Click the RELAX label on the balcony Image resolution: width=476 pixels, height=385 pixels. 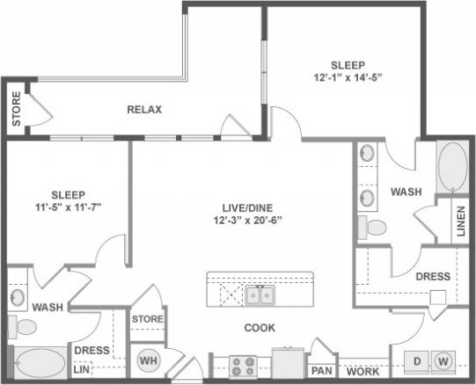coord(144,110)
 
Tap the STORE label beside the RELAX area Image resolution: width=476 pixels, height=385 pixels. coord(16,108)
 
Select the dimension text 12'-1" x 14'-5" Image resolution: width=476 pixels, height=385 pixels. coord(347,76)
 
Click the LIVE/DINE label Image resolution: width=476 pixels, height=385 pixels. coord(246,207)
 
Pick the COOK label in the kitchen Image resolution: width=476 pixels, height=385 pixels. coord(260,328)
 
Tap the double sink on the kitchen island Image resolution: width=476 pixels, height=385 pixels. coord(259,294)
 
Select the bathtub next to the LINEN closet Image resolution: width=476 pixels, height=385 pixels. coord(453,166)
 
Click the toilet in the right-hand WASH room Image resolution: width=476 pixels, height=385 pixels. coord(376,229)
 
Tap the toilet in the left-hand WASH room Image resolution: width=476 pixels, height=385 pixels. coord(26,327)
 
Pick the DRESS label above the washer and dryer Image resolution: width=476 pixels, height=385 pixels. coord(433,276)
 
